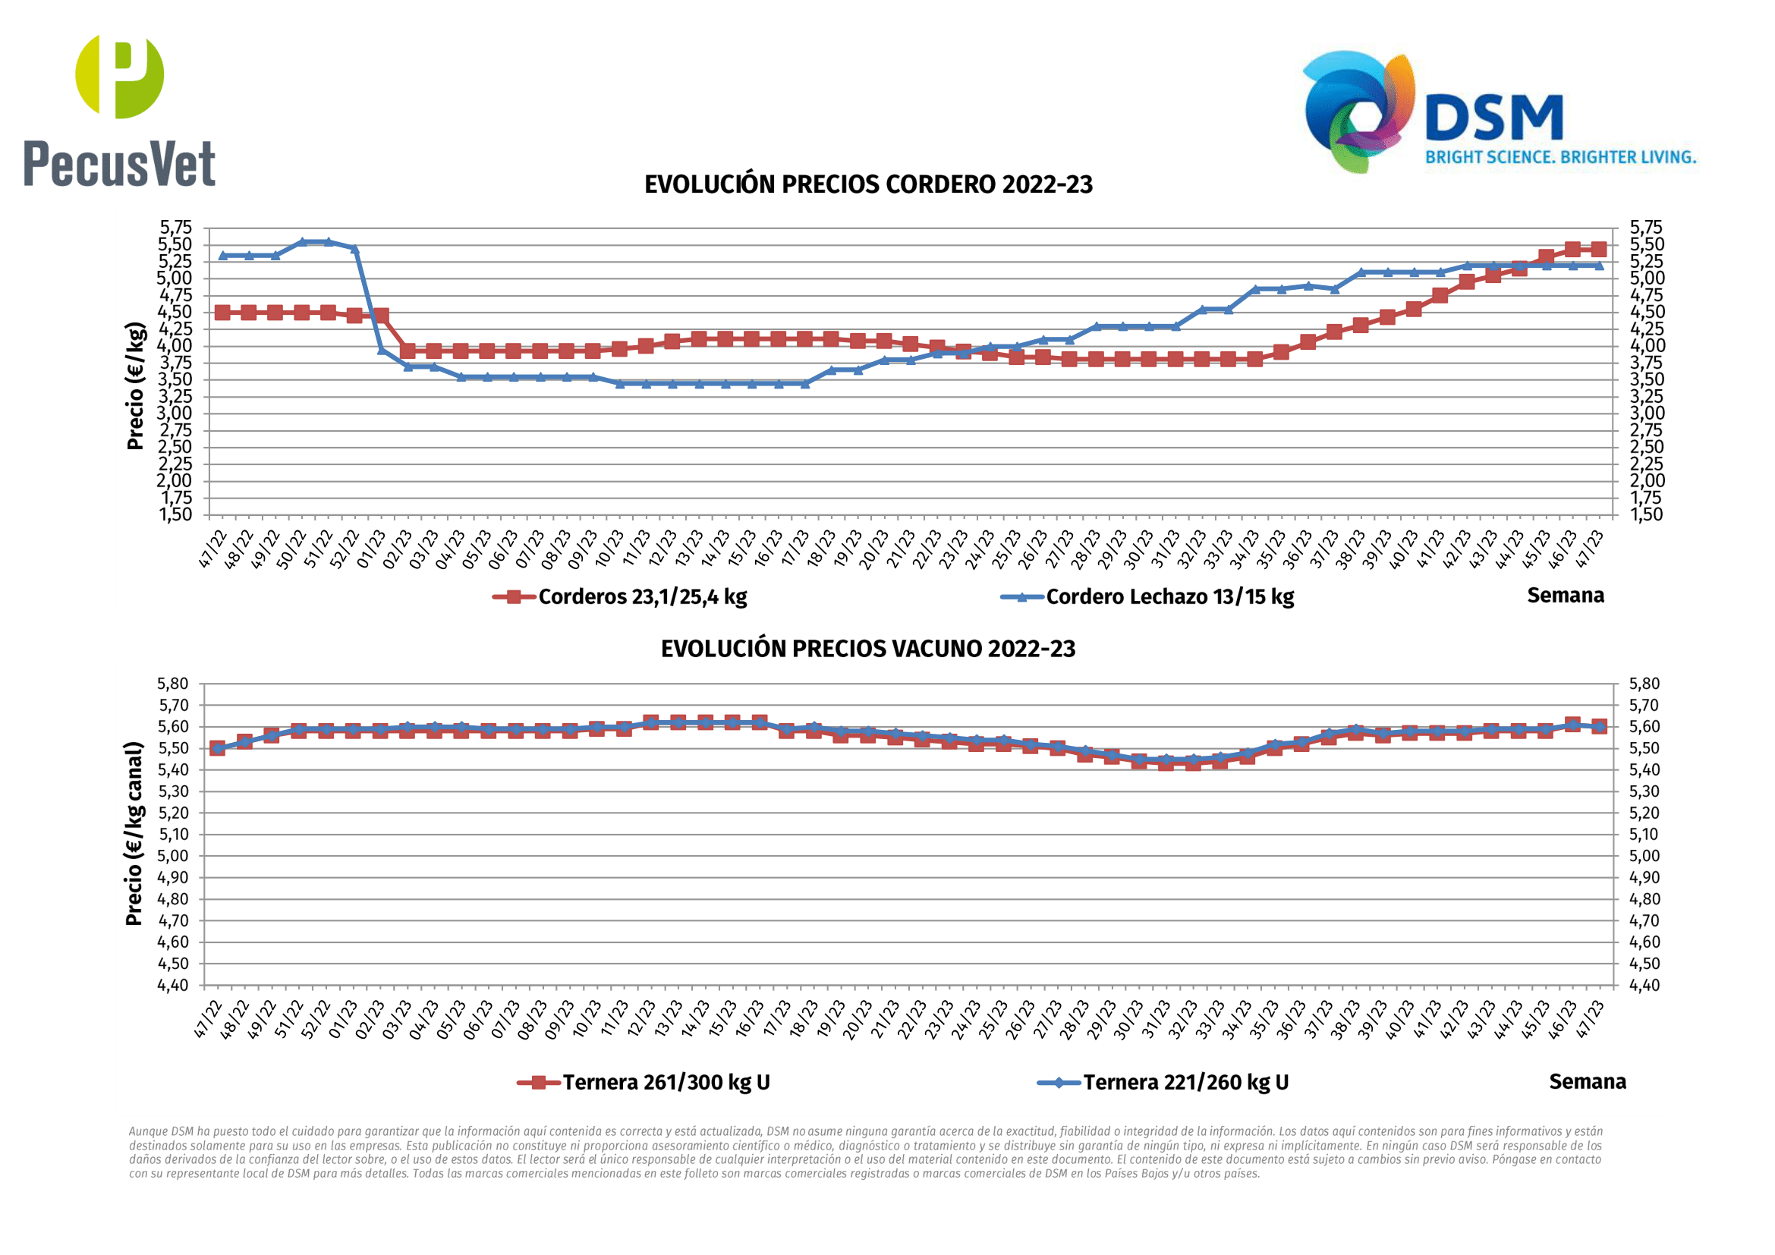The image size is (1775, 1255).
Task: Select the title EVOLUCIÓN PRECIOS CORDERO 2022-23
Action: (x=868, y=184)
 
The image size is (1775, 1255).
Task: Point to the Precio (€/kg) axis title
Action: (x=136, y=385)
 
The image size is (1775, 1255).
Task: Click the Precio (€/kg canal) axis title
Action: (x=134, y=834)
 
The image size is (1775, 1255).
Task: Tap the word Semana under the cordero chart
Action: (x=1565, y=596)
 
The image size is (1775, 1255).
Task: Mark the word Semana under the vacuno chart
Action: (x=1587, y=1082)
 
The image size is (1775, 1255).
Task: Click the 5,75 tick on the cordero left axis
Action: (x=175, y=227)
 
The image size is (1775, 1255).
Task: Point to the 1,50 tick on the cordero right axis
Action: (x=1646, y=514)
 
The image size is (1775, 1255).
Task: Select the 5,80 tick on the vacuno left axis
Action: (x=173, y=684)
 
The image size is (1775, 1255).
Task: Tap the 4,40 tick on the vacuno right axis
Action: (x=1644, y=986)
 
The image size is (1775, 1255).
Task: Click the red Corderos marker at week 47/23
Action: (x=1598, y=249)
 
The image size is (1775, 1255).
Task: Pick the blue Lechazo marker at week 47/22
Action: (x=222, y=256)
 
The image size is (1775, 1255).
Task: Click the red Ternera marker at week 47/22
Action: (x=217, y=748)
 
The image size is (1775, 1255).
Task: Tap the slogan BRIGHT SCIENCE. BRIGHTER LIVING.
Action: (x=1560, y=158)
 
